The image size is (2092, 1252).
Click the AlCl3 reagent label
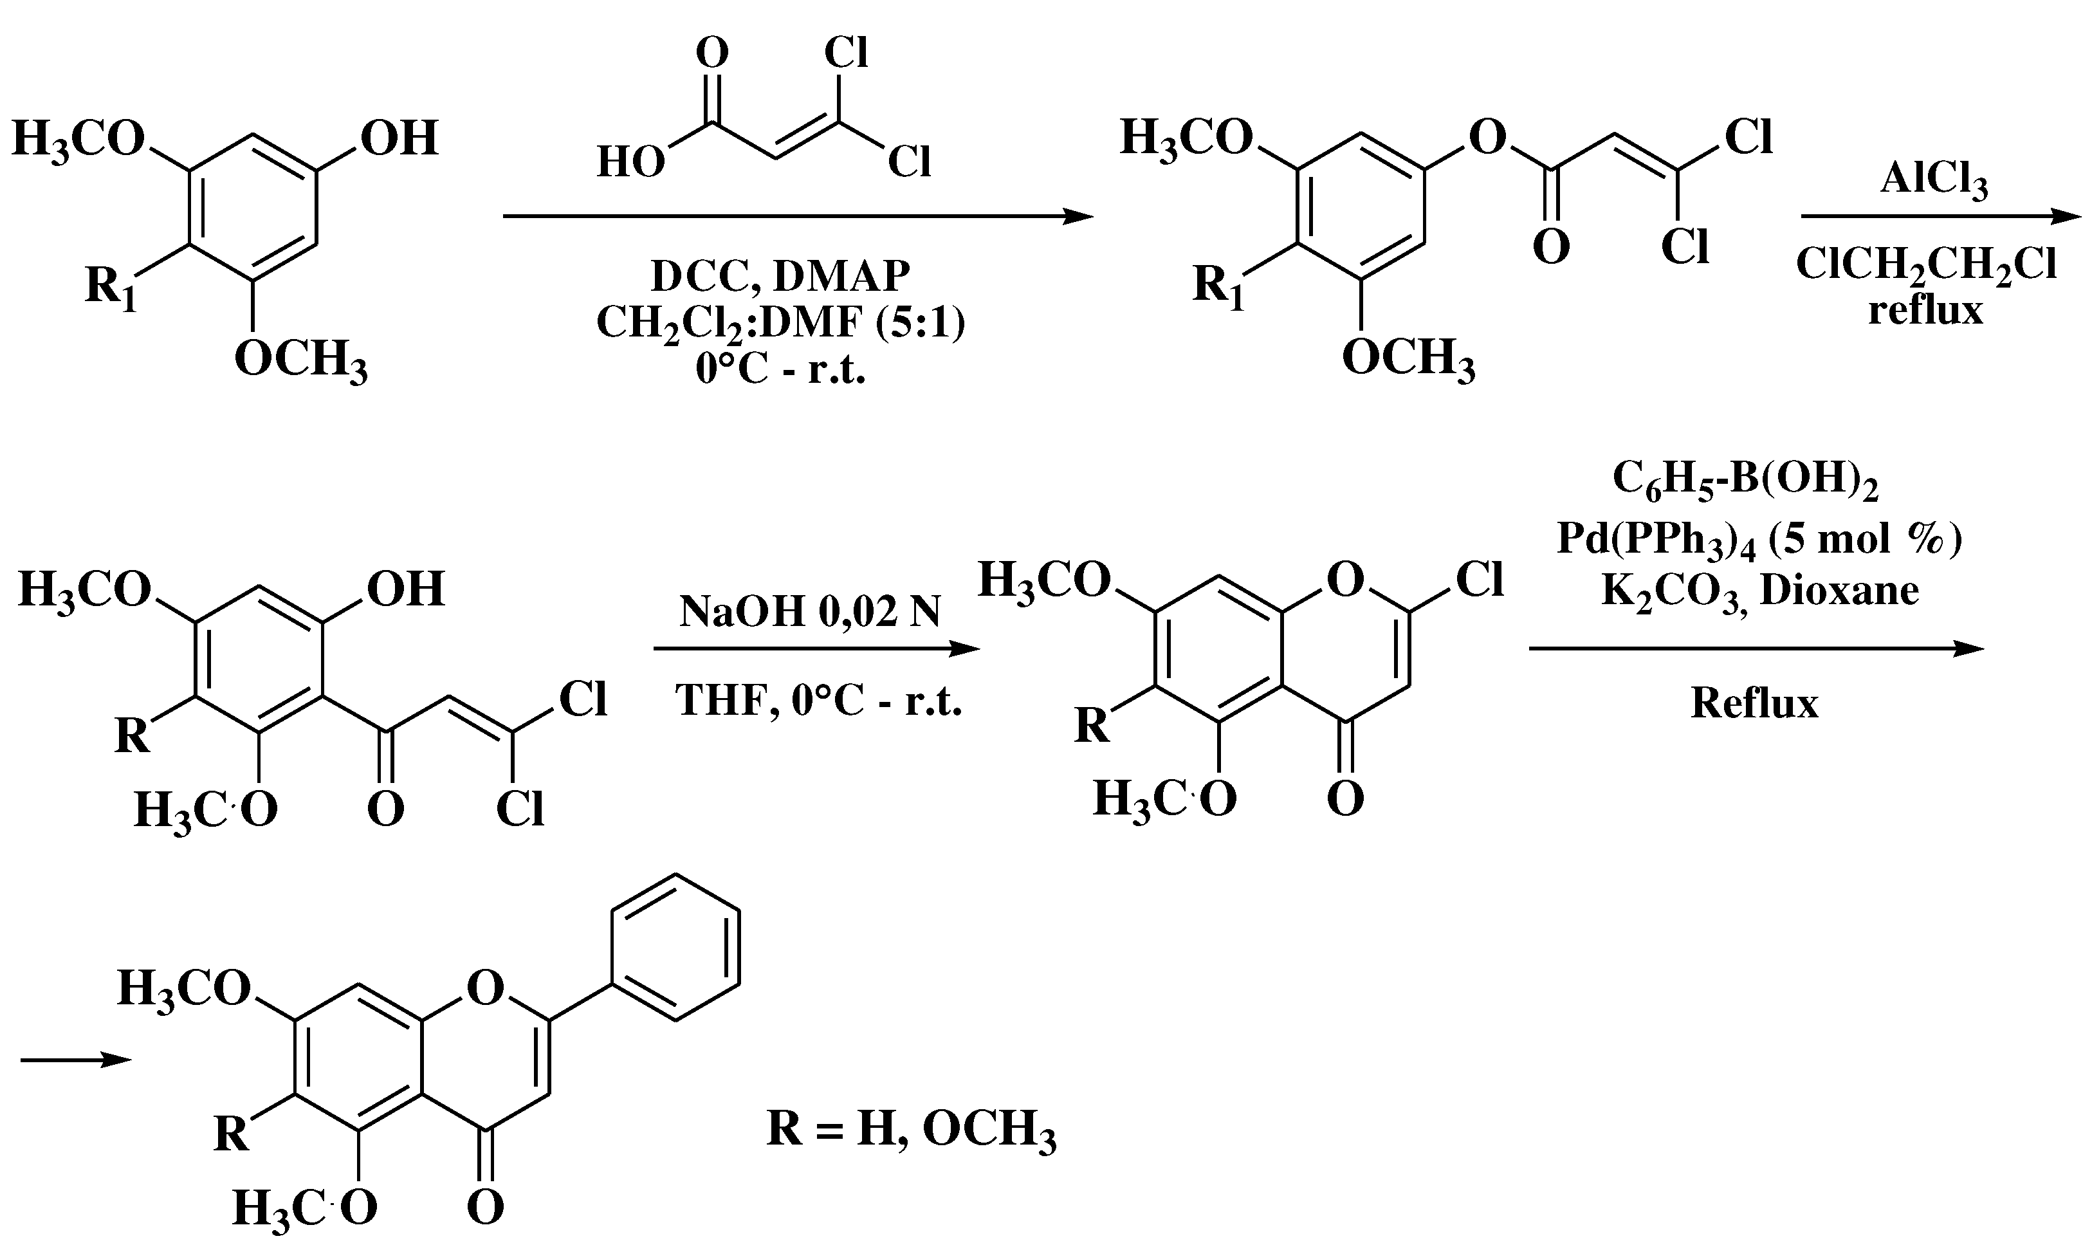tap(1933, 181)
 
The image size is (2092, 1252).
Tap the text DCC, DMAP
tap(780, 275)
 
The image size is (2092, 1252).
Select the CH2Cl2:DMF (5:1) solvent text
tap(780, 323)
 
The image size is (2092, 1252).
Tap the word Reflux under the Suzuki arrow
tap(1754, 703)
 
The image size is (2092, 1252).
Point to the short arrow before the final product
tap(76, 1060)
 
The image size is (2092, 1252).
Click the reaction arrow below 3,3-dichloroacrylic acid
tap(797, 217)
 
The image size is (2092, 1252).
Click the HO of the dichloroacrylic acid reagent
tap(630, 162)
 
